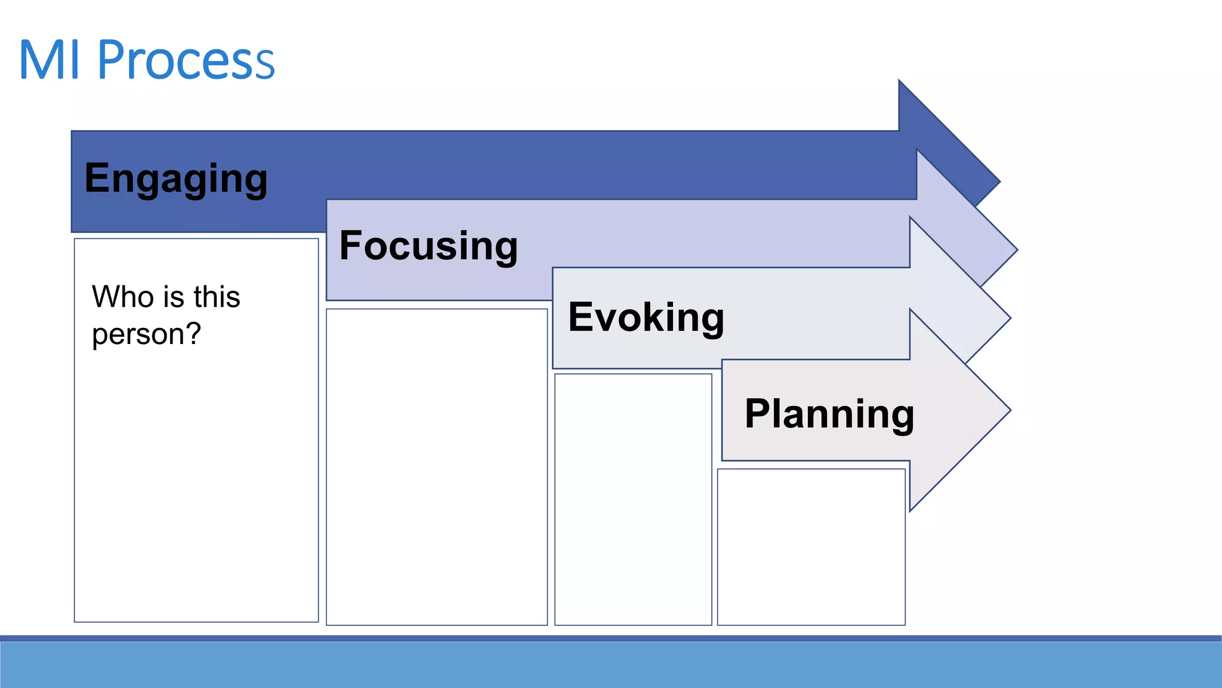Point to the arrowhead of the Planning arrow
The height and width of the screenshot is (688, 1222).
pyautogui.click(x=961, y=410)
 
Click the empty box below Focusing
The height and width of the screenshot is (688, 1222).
pyautogui.click(x=437, y=466)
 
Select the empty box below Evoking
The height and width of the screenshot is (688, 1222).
pyautogui.click(x=633, y=499)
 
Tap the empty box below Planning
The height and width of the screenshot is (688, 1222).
pyautogui.click(x=811, y=546)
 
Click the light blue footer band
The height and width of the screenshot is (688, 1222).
pyautogui.click(x=611, y=664)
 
